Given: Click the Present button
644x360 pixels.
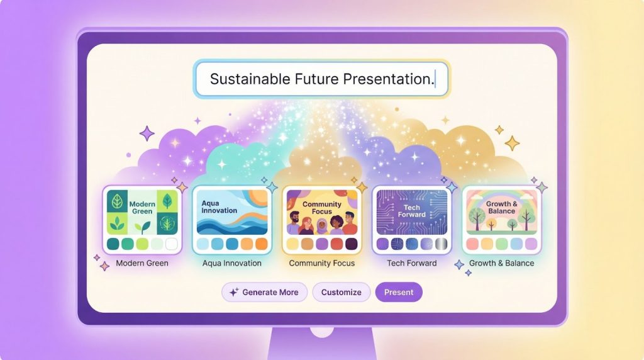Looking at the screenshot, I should (399, 292).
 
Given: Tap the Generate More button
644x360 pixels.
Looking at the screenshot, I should (264, 292).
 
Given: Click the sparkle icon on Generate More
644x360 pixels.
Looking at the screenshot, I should (234, 292).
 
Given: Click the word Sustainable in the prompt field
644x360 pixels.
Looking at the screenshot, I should (249, 79).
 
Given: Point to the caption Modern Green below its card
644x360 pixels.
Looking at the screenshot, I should (142, 263).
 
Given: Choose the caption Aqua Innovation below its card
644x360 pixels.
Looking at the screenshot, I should (232, 263).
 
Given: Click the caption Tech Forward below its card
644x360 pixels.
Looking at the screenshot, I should (412, 263).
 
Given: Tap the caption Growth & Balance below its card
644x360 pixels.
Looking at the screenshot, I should (502, 263).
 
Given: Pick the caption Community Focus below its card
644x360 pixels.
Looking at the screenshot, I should (322, 263).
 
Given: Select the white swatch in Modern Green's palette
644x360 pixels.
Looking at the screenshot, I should (171, 244).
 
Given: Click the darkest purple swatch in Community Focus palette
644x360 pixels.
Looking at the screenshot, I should (352, 244).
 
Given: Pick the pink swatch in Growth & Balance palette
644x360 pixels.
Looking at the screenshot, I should (472, 244).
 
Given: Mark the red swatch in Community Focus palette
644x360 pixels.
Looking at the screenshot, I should (336, 244).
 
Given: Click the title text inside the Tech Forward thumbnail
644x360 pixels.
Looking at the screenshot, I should (412, 211).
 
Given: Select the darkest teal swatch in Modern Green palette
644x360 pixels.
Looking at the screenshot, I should (113, 244).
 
